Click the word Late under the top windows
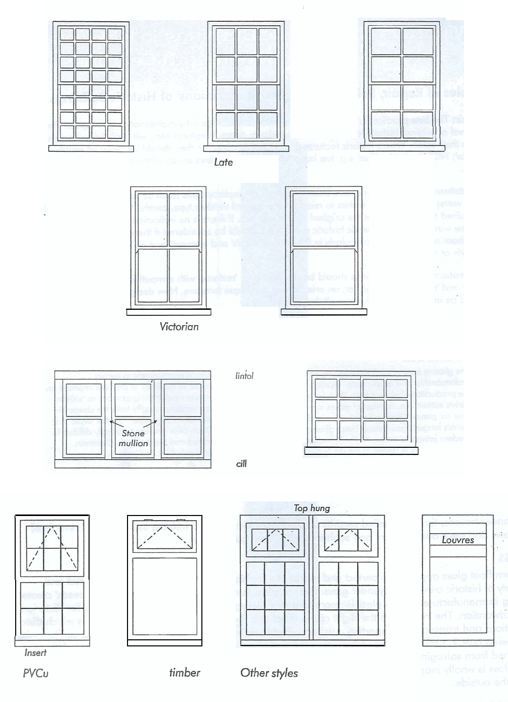tap(223, 162)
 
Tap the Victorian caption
tap(179, 326)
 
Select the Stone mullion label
tap(133, 438)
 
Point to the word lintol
tap(244, 376)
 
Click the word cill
tap(241, 463)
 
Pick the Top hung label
tap(312, 508)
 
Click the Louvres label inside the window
tap(457, 540)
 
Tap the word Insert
tap(35, 652)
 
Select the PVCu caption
tap(35, 673)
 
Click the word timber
tap(184, 672)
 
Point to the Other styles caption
tap(269, 673)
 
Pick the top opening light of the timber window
tap(164, 536)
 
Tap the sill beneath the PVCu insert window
tap(53, 643)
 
